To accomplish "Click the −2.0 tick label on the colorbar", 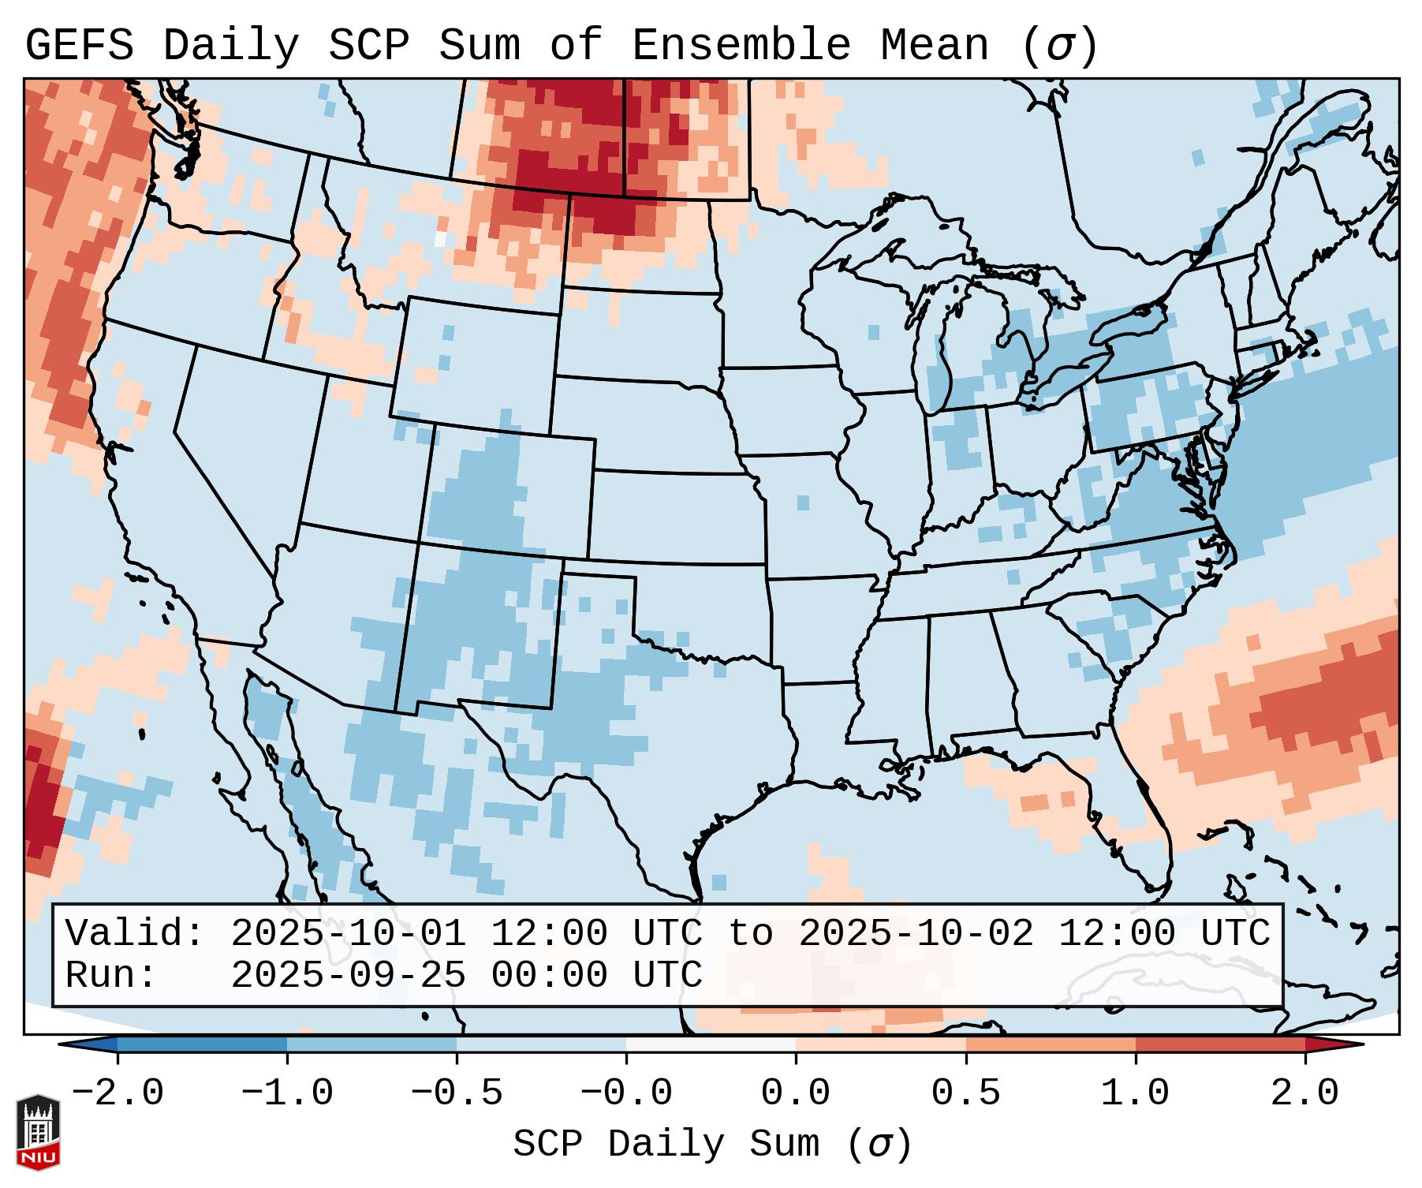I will (x=118, y=1093).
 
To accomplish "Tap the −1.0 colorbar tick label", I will (x=287, y=1093).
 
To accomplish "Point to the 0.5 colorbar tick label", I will (x=966, y=1093).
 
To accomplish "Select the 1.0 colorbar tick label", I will (x=1136, y=1093).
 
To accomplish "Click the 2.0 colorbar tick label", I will (x=1305, y=1093).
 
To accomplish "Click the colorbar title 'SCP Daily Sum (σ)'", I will (x=712, y=1145).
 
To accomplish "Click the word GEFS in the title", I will (x=80, y=46).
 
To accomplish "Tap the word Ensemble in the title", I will (x=741, y=46).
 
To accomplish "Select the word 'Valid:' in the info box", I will (x=135, y=934).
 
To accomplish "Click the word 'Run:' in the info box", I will (x=111, y=976).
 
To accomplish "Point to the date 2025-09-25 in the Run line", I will (x=348, y=976).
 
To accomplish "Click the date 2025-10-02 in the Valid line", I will (x=916, y=934).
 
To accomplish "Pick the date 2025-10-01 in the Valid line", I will (x=348, y=934).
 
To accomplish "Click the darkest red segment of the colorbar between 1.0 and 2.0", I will (x=1220, y=1044).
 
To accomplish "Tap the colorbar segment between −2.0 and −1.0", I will (x=202, y=1044).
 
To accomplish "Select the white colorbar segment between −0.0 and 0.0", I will (x=711, y=1044).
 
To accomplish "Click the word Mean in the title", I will (x=934, y=46).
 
